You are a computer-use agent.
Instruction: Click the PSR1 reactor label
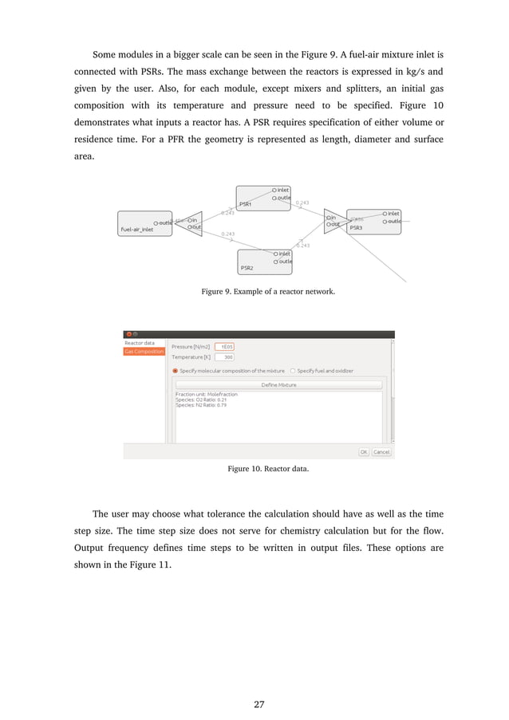pyautogui.click(x=246, y=205)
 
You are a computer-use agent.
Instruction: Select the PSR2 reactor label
pyautogui.click(x=247, y=268)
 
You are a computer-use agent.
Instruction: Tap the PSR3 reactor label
pyautogui.click(x=355, y=228)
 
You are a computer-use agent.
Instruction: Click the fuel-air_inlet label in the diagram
pyautogui.click(x=136, y=230)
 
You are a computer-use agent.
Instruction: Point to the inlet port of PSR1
pyautogui.click(x=281, y=190)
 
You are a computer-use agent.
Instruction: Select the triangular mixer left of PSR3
pyautogui.click(x=333, y=221)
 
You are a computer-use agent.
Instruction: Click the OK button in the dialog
pyautogui.click(x=363, y=451)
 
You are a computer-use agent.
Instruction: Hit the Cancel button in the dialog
pyautogui.click(x=381, y=451)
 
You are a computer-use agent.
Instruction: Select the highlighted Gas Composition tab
pyautogui.click(x=144, y=352)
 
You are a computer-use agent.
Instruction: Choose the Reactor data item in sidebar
pyautogui.click(x=140, y=343)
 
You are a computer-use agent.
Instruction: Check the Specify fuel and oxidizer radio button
pyautogui.click(x=293, y=371)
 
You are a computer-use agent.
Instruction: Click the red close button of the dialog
pyautogui.click(x=128, y=334)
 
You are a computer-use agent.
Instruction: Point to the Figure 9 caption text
pyautogui.click(x=268, y=292)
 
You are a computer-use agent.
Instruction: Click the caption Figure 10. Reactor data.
pyautogui.click(x=268, y=469)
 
